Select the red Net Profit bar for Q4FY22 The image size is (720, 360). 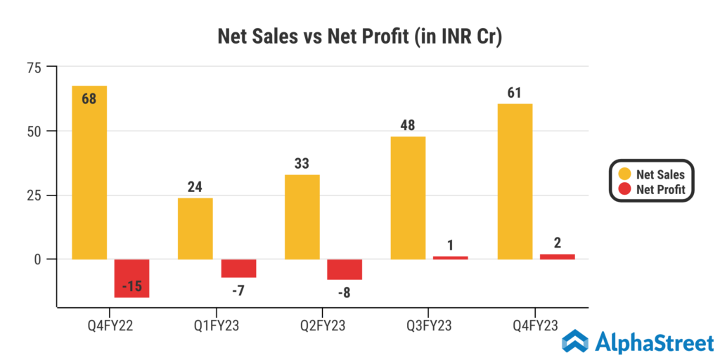coord(131,278)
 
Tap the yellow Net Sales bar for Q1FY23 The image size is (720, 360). coord(195,229)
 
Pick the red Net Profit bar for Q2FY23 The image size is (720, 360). coord(344,269)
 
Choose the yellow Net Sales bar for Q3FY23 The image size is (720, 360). coord(408,198)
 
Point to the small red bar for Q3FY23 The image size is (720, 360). coord(450,257)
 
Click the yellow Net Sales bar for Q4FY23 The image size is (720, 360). coord(515,181)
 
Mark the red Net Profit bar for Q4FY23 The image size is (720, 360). coord(557,257)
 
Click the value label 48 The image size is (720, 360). coord(408,125)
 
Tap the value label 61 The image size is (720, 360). coord(515,92)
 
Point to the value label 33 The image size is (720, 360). coord(302,164)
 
